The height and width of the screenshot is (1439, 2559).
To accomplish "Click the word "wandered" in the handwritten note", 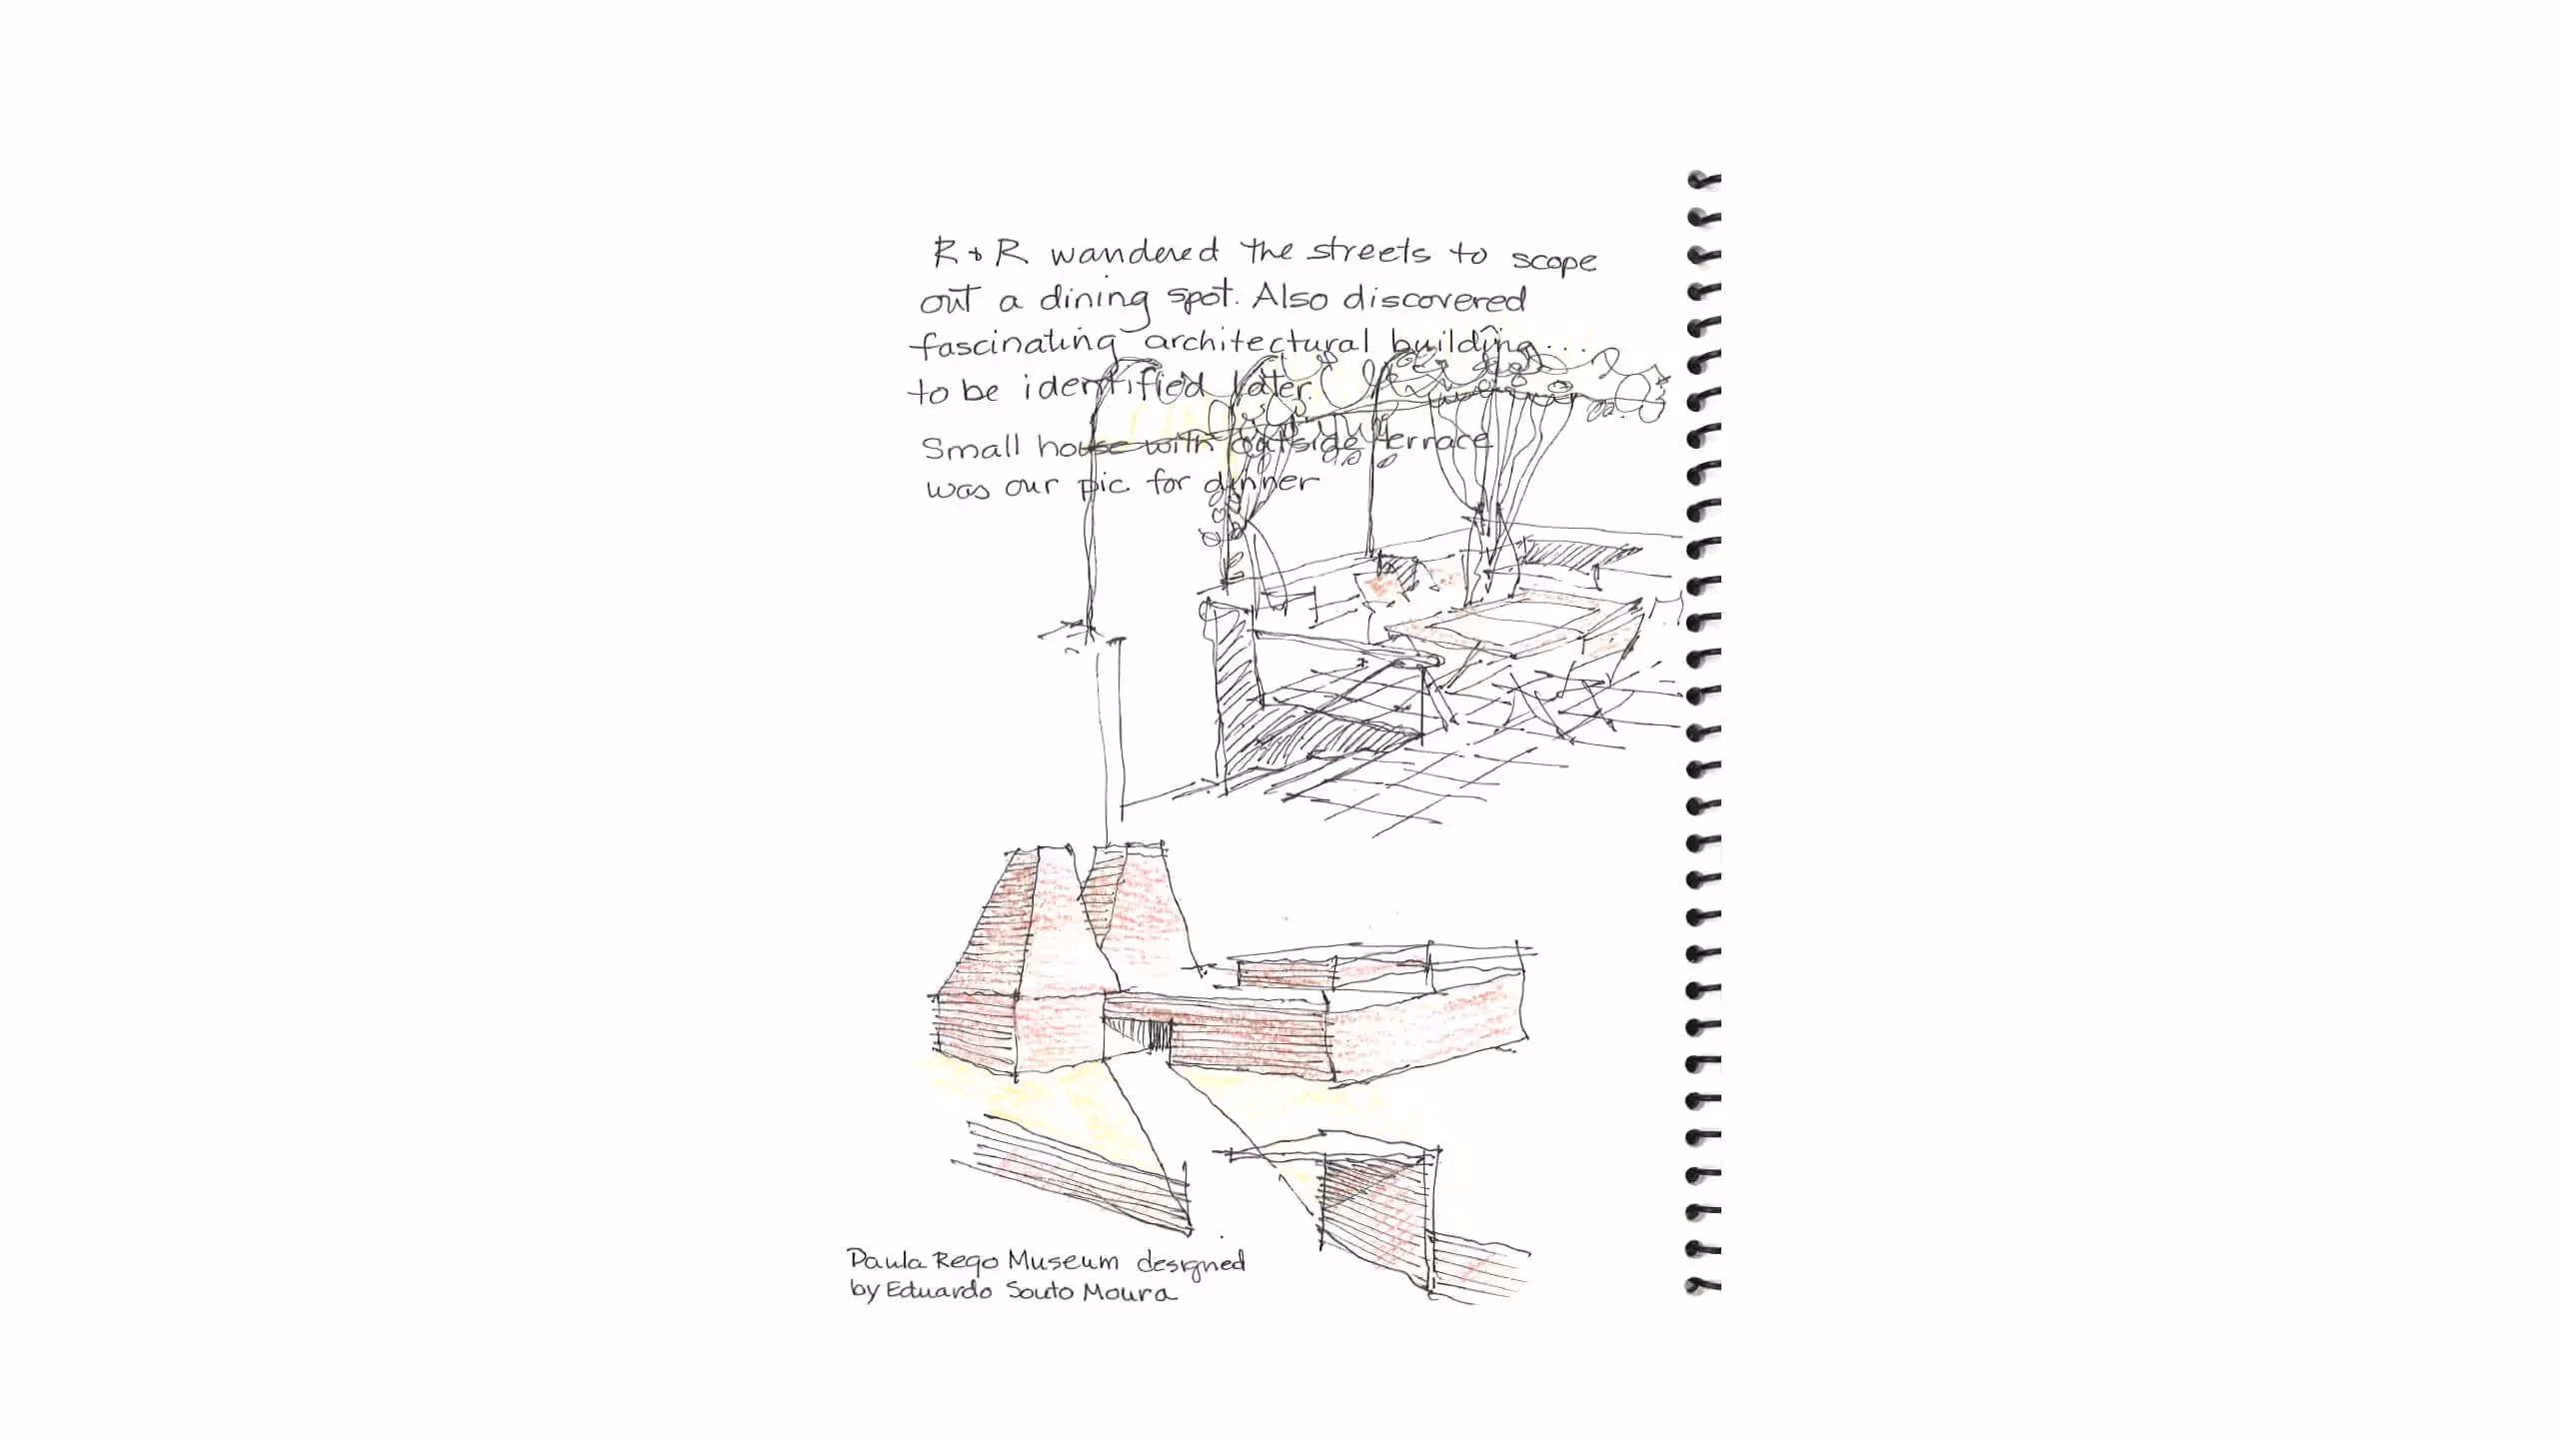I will tap(1134, 254).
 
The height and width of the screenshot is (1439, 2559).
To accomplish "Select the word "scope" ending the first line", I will tap(1553, 262).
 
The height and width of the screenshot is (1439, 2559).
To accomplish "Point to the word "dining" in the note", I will tap(1095, 300).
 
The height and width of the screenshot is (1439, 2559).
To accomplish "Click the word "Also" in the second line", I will tap(1289, 298).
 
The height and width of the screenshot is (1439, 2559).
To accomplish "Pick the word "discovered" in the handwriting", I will tap(1434, 300).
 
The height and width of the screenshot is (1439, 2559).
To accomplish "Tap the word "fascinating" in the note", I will tap(1012, 345).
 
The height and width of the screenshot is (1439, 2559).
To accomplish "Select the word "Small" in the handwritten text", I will tap(971, 447).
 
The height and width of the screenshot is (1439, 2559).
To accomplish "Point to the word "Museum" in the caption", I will tap(1062, 1261).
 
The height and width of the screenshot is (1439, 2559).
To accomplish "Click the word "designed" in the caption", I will tap(1191, 1263).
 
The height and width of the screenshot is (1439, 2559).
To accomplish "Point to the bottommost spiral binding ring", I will tap(1703, 1285).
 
